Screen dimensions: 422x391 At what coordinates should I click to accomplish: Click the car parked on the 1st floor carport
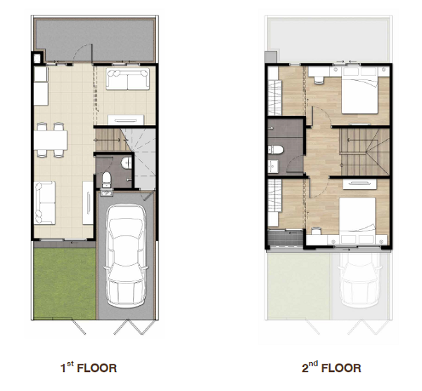tap(126, 256)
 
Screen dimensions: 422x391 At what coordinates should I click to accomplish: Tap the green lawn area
tap(65, 283)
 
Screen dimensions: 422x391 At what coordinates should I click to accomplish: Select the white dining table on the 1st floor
tap(51, 140)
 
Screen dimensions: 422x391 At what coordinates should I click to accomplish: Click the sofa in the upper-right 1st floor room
tap(127, 79)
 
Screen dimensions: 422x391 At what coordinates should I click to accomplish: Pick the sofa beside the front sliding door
tap(44, 203)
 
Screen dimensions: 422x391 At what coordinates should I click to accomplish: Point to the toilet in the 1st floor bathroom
tap(107, 179)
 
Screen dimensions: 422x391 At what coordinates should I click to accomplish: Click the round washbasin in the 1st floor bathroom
tap(126, 163)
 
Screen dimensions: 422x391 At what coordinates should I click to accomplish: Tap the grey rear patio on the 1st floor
tap(94, 40)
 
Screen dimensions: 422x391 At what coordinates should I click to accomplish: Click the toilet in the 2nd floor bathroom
tap(276, 150)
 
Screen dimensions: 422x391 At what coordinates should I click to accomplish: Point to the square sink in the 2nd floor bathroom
tap(273, 166)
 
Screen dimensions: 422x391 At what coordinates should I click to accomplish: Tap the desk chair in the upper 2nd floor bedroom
tap(319, 80)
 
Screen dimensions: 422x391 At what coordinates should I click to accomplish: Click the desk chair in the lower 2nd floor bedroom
tap(316, 231)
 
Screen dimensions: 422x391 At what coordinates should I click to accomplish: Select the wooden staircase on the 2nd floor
tap(364, 152)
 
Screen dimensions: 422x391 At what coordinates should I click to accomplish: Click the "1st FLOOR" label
tap(89, 367)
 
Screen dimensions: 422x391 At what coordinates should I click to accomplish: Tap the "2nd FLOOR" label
tap(331, 367)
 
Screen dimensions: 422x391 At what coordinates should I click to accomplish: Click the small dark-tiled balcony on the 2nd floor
tap(286, 238)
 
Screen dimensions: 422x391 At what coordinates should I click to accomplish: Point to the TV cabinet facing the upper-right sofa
tap(126, 120)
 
